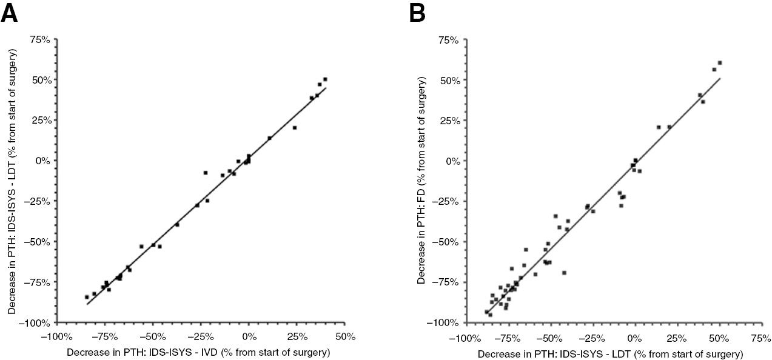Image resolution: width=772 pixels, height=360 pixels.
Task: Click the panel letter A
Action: point(11,12)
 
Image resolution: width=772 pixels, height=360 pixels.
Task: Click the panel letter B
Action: point(418,12)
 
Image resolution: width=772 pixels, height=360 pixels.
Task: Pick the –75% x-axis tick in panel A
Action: point(105,336)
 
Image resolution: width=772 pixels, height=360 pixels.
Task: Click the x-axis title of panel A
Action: point(198,352)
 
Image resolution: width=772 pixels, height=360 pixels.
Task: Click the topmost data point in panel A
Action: point(325,79)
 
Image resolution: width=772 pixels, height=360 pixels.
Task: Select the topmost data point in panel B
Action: point(720,63)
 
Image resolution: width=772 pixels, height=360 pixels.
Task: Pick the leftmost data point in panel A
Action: point(87,297)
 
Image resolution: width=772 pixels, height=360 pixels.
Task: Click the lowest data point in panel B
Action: point(490,315)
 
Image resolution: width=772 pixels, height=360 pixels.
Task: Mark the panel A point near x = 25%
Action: point(295,128)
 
